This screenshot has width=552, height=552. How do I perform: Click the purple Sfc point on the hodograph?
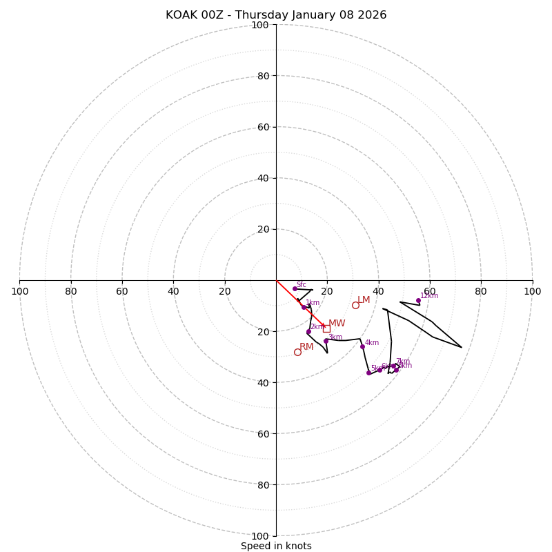(295, 288)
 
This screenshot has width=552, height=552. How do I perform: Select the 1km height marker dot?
(304, 307)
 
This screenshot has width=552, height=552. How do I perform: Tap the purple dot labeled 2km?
(308, 332)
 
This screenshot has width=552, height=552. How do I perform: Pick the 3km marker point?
(326, 341)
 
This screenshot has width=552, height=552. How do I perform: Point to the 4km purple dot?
(362, 346)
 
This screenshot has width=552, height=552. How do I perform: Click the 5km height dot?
(368, 373)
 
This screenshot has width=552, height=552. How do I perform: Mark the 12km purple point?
(418, 300)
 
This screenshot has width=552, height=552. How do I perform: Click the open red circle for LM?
(355, 305)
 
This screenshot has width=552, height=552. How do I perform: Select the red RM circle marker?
(297, 352)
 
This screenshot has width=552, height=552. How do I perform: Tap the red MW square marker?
(326, 329)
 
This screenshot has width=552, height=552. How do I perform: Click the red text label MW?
(337, 324)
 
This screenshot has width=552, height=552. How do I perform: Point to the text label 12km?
(429, 295)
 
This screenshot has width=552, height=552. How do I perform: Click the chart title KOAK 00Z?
(276, 15)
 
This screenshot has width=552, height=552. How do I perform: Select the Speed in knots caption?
(276, 546)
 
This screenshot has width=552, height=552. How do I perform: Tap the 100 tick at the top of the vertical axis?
(260, 25)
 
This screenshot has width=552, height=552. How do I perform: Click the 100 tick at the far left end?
(19, 291)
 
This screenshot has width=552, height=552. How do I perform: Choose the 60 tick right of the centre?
(429, 291)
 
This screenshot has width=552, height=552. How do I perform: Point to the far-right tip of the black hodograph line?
(462, 347)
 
